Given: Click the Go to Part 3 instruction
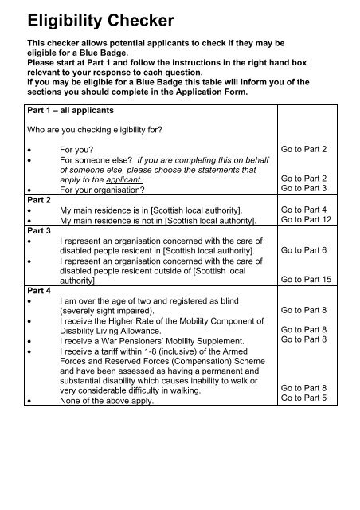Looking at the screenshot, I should [x=310, y=189].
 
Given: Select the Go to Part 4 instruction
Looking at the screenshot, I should [x=310, y=209].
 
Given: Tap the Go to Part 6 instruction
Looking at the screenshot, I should [x=310, y=249].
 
